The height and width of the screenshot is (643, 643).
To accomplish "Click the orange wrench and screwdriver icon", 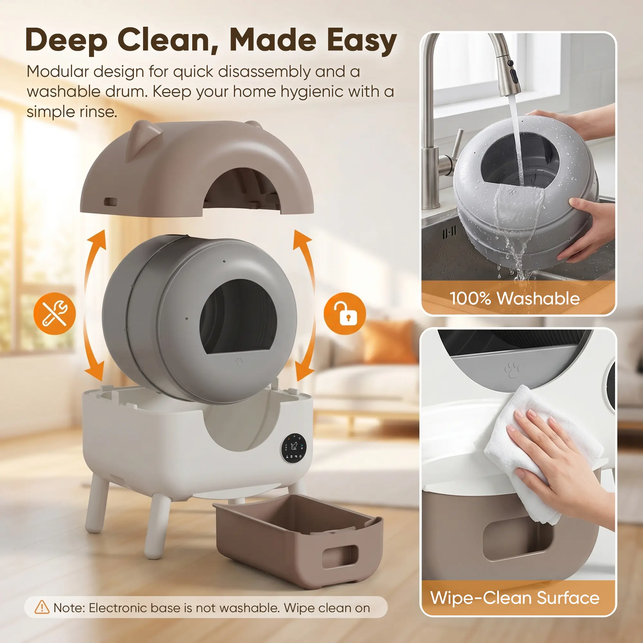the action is [55, 313].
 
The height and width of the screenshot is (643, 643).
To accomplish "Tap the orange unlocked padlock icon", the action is [345, 313].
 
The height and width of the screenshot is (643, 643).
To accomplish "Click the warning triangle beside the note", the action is [42, 607].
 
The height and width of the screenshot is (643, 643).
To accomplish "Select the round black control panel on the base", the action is [294, 448].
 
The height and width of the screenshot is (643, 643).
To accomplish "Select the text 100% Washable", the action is [514, 298].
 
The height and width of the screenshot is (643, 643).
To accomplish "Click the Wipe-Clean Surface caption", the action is [514, 598].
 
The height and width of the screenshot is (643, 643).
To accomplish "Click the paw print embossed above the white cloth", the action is [512, 369].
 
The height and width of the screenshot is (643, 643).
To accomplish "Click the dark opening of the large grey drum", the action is [238, 316].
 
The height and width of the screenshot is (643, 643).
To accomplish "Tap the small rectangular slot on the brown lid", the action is [111, 202].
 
